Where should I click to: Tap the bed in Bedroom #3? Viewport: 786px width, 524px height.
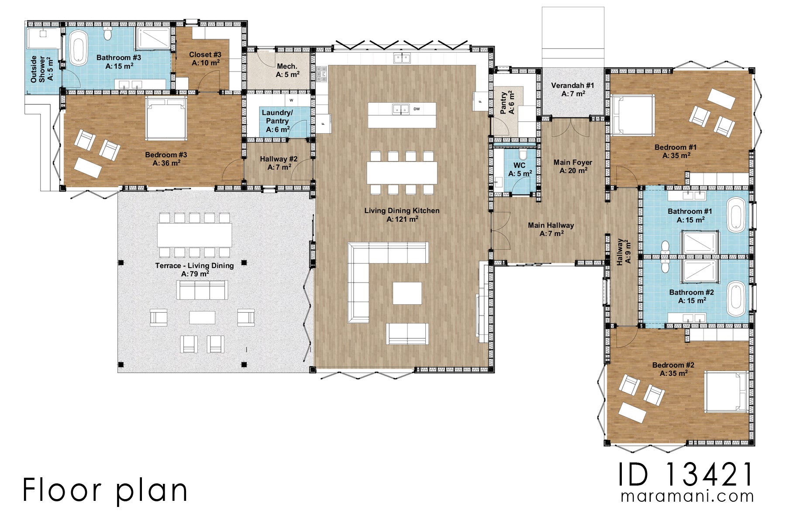click(x=166, y=118)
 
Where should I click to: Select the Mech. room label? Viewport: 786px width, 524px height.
click(x=287, y=70)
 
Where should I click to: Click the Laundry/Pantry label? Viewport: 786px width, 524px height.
click(x=277, y=121)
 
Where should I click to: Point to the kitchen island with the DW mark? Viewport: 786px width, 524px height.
click(x=402, y=115)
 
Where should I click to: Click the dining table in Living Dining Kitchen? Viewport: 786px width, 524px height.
click(x=402, y=172)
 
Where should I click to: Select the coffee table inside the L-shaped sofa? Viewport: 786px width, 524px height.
click(x=407, y=293)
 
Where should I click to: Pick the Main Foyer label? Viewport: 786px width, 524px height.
click(x=573, y=166)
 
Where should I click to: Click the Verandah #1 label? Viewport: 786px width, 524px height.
click(x=572, y=90)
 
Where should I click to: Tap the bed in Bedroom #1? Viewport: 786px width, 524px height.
click(x=633, y=114)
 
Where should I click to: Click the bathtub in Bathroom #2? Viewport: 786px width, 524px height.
click(x=737, y=298)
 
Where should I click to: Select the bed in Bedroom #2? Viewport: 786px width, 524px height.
click(x=726, y=392)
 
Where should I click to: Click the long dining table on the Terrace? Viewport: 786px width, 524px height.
click(x=195, y=235)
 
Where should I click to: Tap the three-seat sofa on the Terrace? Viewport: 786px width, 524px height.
click(x=202, y=290)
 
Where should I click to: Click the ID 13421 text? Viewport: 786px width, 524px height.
click(x=686, y=475)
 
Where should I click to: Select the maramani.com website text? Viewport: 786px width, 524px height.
click(x=687, y=496)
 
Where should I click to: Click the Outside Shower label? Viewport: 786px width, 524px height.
click(x=41, y=69)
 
